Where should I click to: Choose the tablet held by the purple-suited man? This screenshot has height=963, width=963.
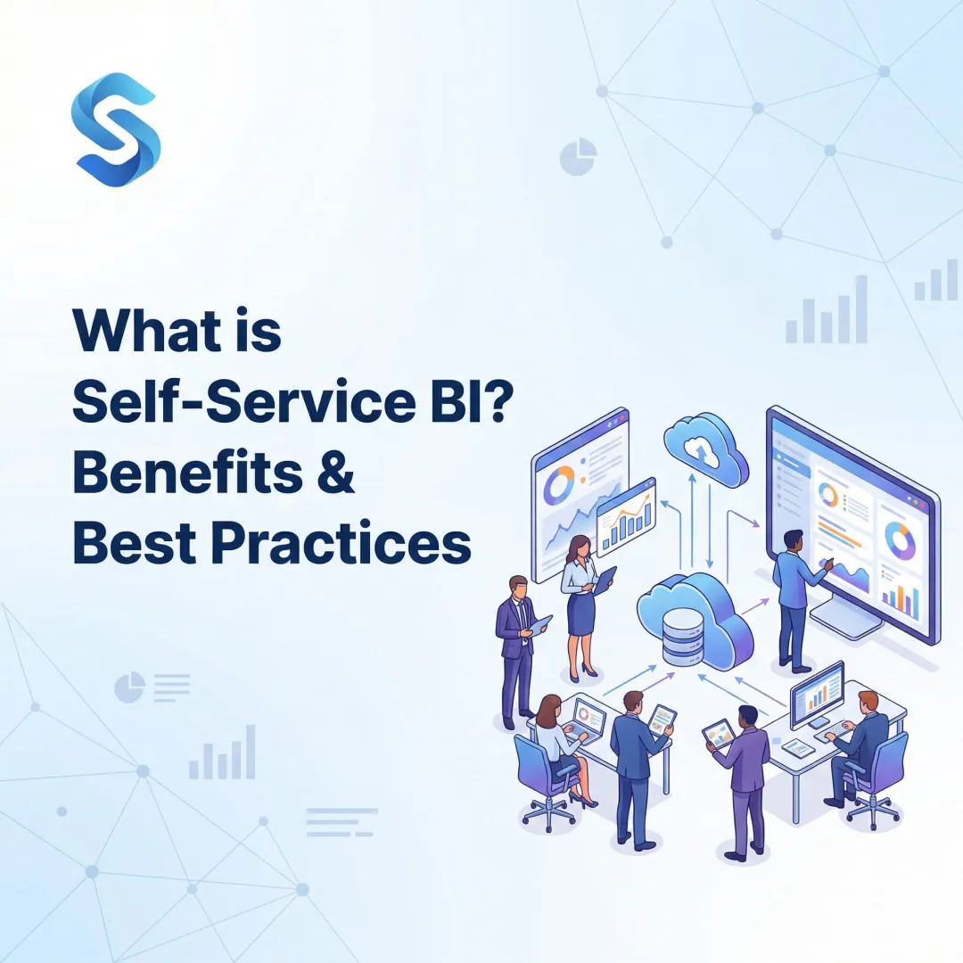718,733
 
